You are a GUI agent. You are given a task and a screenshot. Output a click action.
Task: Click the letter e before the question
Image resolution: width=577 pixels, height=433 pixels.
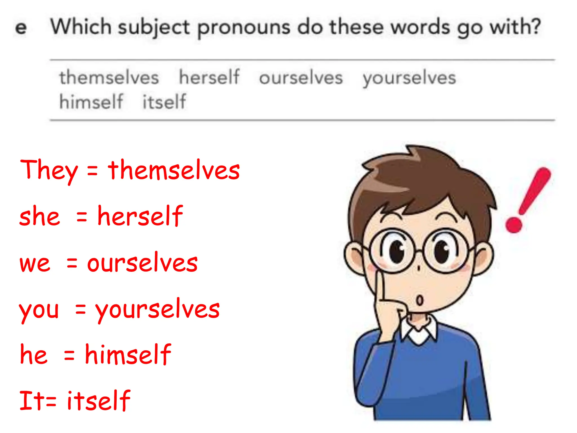21,28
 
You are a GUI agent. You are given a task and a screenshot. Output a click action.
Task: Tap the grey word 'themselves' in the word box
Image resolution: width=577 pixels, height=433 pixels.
109,78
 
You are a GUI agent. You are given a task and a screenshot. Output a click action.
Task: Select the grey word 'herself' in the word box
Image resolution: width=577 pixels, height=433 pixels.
209,77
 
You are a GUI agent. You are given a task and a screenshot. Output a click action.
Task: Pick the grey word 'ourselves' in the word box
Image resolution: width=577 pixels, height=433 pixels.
301,78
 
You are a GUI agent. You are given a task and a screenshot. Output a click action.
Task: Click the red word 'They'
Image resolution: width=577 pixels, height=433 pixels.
49,170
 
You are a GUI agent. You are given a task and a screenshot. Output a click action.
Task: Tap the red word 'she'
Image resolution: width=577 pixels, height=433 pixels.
39,216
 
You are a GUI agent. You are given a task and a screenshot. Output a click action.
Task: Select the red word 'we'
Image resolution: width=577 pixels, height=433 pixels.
35,264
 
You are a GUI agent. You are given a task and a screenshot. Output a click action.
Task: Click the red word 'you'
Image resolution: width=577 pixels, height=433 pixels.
39,310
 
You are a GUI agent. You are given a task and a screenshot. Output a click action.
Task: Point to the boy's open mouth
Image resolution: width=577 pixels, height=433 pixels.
420,300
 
